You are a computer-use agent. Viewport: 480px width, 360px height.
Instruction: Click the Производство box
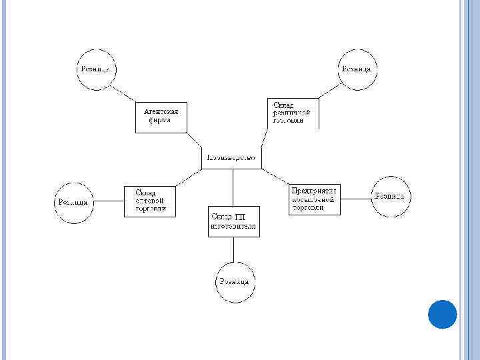[232, 158]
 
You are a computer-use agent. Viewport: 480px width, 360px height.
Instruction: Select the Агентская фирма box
[161, 117]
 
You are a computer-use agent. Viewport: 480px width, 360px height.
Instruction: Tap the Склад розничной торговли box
[292, 113]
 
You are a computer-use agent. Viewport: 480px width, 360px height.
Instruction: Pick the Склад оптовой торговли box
[151, 201]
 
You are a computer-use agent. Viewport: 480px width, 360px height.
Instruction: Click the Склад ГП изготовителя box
[233, 221]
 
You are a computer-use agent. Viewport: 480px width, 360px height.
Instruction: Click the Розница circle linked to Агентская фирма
[97, 69]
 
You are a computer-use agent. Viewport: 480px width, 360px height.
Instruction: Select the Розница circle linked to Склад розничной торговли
[358, 69]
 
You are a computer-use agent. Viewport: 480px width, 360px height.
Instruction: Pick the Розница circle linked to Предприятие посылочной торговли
[391, 197]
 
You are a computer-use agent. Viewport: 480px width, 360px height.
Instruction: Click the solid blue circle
[441, 314]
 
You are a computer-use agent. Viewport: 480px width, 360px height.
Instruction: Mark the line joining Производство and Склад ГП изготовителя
[233, 187]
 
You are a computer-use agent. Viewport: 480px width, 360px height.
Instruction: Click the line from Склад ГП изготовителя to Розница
[233, 250]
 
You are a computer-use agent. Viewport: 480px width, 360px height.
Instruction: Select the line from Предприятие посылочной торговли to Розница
[355, 198]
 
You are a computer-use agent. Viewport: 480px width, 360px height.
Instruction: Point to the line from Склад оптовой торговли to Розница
[109, 201]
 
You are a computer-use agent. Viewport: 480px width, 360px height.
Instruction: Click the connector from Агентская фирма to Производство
[195, 141]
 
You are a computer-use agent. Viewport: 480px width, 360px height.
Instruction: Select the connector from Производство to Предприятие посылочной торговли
[275, 177]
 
